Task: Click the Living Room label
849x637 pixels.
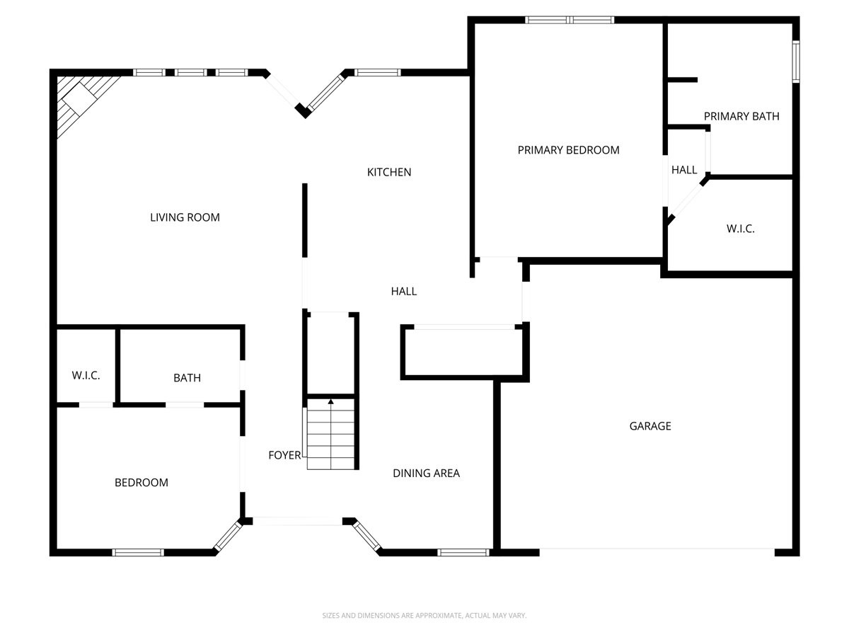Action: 185,217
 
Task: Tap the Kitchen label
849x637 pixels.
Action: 388,172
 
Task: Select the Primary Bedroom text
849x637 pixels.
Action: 568,150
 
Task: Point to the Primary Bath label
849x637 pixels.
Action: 741,116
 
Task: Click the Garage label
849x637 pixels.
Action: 650,426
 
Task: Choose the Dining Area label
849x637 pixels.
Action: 426,473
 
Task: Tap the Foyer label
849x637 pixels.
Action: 284,455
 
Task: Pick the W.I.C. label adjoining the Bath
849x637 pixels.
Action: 86,375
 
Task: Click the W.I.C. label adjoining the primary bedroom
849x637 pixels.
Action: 740,229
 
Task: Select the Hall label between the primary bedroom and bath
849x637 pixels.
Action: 684,170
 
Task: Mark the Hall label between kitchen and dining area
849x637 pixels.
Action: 404,291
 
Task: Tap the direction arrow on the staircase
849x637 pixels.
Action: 330,403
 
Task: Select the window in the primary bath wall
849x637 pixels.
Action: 795,62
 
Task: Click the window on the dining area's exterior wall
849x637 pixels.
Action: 463,552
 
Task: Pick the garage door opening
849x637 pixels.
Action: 657,550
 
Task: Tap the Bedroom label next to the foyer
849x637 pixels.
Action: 141,483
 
